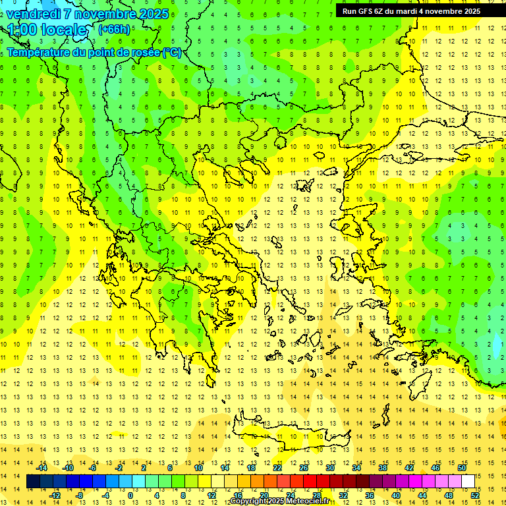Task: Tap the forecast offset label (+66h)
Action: (114, 29)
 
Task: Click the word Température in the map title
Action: (39, 52)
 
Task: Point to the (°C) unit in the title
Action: (172, 52)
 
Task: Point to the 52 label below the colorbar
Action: (475, 495)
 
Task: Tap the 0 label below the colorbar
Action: (130, 495)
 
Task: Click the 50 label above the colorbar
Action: (462, 468)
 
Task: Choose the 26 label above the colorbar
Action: (304, 468)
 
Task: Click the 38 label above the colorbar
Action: (383, 468)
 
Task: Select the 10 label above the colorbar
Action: (198, 468)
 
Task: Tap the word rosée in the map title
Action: (146, 52)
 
